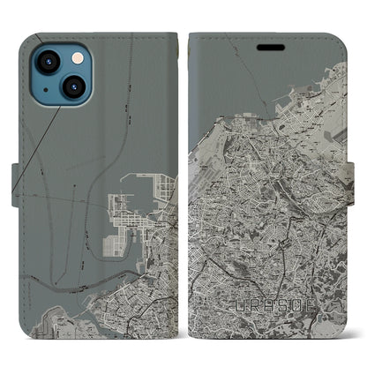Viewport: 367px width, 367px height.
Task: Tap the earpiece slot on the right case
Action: tap(268, 45)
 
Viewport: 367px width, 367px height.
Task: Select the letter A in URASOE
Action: tap(268, 305)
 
